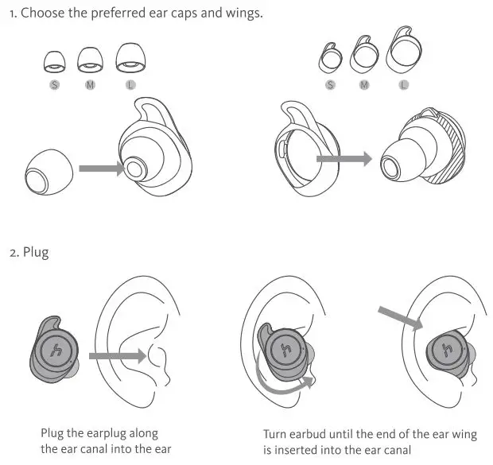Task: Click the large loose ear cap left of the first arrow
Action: [49, 172]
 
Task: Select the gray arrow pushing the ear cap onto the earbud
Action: [99, 169]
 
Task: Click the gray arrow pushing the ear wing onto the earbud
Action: [344, 159]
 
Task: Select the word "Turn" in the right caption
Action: [275, 434]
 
